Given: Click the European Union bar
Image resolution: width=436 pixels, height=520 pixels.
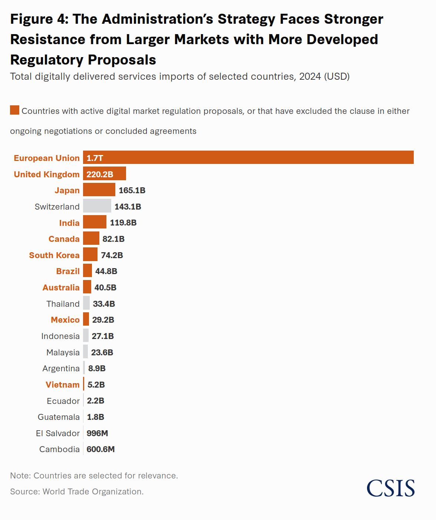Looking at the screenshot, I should click(248, 157).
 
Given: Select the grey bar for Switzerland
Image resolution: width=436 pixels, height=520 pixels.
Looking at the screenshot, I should click(97, 206).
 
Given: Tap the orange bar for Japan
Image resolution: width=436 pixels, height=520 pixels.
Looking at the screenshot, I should click(99, 190).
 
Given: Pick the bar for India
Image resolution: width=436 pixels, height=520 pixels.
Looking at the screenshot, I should click(95, 222).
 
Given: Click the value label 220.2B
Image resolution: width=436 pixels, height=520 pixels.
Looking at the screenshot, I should click(100, 174).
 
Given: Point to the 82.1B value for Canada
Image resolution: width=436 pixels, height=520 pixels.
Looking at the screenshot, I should click(113, 239).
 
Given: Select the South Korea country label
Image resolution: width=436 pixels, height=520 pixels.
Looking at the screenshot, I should click(54, 255).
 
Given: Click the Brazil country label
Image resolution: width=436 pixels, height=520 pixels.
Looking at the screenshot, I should click(68, 271).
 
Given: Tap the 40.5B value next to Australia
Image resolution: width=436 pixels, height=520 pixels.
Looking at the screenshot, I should click(105, 287).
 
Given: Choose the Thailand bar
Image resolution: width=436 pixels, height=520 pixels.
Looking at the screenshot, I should click(86, 303).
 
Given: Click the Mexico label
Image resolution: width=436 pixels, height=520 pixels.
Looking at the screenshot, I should click(65, 320).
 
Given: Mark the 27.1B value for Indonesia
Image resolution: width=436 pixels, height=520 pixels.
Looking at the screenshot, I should click(103, 336).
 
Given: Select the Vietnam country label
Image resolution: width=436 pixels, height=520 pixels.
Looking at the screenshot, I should click(62, 385).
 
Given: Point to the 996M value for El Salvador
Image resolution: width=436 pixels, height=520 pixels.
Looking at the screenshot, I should click(97, 433).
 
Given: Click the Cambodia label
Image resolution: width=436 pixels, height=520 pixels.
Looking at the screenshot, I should click(59, 449).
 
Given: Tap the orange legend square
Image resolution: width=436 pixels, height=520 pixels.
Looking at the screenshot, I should click(14, 110).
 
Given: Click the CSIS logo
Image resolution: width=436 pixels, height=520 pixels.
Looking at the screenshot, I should click(390, 488).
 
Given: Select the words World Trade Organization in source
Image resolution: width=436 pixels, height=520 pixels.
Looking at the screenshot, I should click(93, 491).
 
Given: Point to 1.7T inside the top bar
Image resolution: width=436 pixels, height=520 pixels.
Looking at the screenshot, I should click(95, 158).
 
